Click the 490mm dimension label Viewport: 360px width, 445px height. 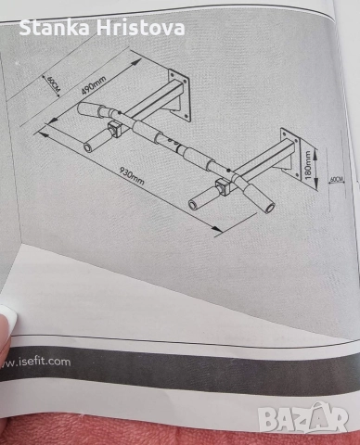point(94,85)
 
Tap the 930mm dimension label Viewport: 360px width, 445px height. point(132,176)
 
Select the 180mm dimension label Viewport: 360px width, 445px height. point(307,165)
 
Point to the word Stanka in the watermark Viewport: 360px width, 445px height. point(55,28)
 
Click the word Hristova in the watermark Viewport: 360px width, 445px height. point(141,28)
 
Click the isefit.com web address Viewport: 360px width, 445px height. point(35,362)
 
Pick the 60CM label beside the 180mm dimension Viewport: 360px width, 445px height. point(337,179)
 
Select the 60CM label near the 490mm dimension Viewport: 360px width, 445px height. point(53,83)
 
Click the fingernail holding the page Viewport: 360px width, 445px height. point(7,317)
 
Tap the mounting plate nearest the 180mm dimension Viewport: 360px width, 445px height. point(291,153)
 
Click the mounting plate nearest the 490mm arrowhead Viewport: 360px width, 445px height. point(179,94)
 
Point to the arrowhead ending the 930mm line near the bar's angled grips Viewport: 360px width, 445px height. point(217,229)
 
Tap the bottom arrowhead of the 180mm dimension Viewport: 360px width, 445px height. point(316,184)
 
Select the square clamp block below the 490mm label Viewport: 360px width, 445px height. point(114,129)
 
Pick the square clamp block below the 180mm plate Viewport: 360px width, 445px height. point(223,187)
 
